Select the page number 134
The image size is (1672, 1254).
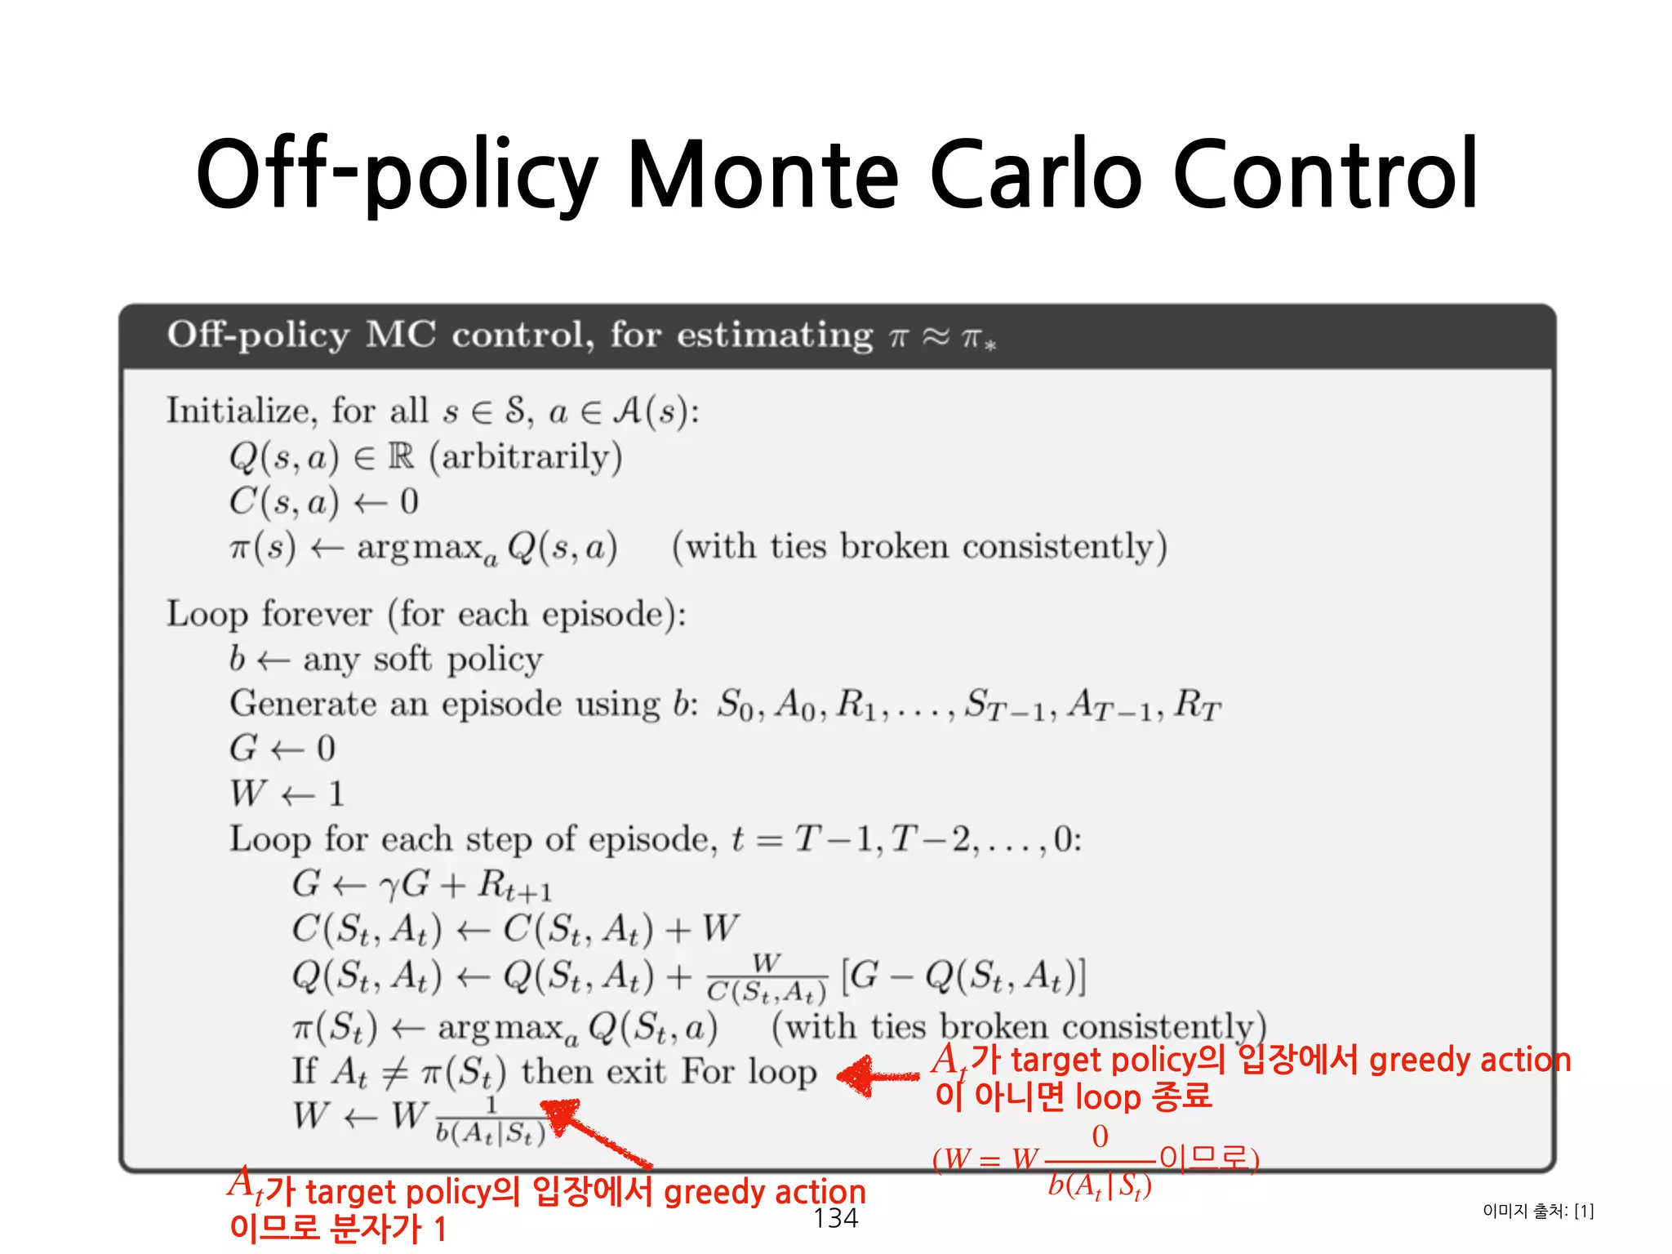point(835,1218)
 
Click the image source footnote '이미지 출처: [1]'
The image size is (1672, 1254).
point(1538,1211)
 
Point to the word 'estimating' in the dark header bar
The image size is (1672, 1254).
point(775,336)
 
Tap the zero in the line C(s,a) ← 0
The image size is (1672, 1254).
point(410,501)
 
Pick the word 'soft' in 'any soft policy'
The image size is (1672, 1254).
point(402,659)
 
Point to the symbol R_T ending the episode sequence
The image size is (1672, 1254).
point(1197,705)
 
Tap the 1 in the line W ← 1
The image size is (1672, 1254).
point(336,794)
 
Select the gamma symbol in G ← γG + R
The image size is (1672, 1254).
point(389,885)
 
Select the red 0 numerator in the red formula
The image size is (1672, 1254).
point(1100,1136)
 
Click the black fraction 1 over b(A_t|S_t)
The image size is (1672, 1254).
point(491,1121)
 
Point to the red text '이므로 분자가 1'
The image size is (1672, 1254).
point(338,1229)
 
